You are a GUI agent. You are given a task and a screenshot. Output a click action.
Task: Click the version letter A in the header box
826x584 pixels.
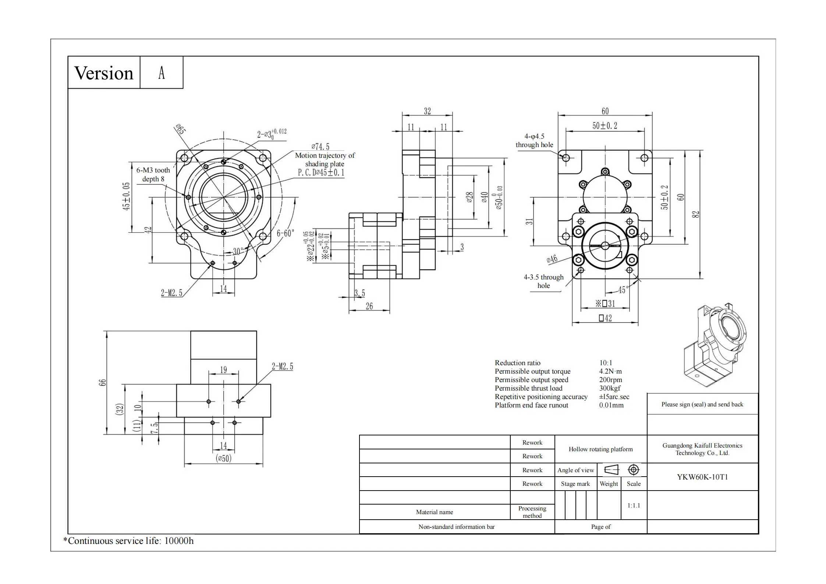coord(162,73)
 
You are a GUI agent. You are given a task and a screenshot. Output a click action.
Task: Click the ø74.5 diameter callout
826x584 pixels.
coord(320,147)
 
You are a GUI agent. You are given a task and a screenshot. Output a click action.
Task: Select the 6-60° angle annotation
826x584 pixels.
coord(286,233)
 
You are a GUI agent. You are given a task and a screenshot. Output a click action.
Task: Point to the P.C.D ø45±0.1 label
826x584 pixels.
coord(321,172)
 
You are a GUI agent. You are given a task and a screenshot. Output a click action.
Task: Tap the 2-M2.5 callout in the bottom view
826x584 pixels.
coord(282,366)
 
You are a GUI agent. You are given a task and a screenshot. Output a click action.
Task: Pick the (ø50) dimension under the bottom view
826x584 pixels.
coord(223,459)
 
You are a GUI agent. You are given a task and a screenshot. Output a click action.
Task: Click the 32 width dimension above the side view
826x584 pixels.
coord(427,111)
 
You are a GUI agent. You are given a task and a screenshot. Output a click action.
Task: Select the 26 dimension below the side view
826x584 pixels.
coord(369,306)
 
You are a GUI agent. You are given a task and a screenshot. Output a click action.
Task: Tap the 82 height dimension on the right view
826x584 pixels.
coord(695,214)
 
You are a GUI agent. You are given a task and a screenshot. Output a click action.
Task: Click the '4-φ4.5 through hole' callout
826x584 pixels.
coord(534,140)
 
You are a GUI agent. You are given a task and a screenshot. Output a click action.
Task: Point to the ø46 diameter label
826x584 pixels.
coord(552,259)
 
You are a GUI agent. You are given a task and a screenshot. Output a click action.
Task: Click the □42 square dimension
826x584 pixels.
coord(605,318)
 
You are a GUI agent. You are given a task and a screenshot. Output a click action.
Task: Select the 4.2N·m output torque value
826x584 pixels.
coord(610,371)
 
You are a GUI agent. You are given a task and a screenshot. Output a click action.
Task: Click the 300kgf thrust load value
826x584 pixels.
coord(610,388)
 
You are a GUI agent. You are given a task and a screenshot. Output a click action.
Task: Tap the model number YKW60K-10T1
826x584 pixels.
coord(702,477)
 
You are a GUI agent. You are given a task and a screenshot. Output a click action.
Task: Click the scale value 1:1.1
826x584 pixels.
coord(634,505)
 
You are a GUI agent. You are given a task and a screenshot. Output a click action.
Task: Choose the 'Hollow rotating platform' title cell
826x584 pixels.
coord(600,449)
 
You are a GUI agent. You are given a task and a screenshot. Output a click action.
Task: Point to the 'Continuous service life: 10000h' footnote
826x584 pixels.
coord(128,541)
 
